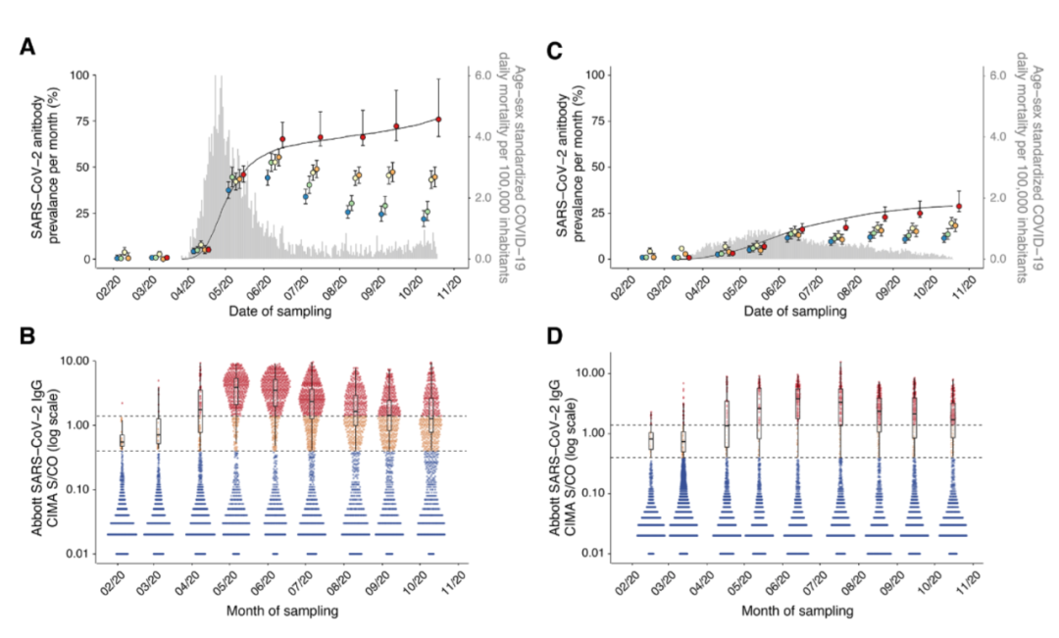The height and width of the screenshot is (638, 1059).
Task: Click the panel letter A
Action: (29, 46)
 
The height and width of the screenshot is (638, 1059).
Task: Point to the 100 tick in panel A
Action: (94, 75)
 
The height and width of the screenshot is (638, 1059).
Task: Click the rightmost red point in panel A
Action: (438, 120)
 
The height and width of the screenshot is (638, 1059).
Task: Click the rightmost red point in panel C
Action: (959, 207)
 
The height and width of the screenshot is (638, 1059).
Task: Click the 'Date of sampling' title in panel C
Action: (799, 312)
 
